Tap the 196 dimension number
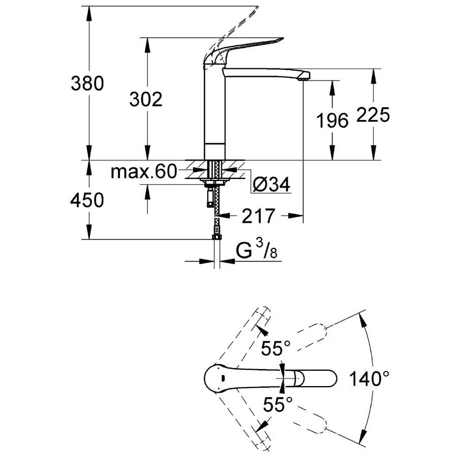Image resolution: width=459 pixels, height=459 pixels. tap(332, 121)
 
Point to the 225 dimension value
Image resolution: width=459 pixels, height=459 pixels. tap(373, 115)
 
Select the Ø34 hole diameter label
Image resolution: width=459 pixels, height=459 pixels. tap(271, 185)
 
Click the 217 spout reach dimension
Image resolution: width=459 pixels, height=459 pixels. tap(259, 216)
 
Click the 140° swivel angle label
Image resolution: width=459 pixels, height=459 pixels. tap(370, 378)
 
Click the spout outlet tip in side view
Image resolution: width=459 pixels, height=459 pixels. tap(303, 76)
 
